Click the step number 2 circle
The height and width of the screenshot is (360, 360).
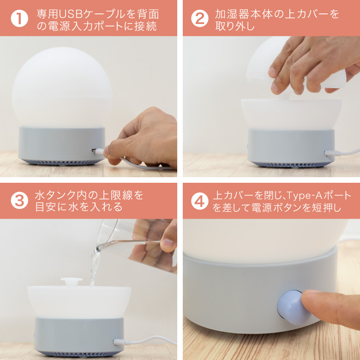[199, 18]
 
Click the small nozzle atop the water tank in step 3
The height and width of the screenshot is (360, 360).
[72, 281]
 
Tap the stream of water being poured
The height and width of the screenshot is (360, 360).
[94, 268]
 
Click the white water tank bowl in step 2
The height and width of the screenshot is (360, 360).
[291, 113]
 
